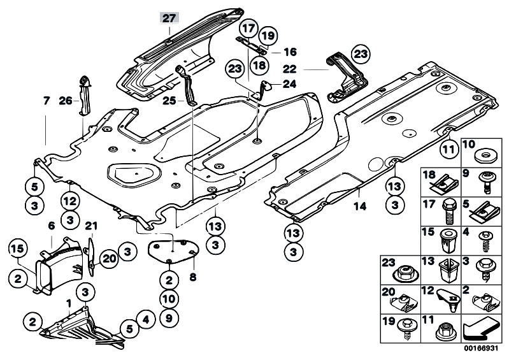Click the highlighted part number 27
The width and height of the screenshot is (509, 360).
point(169,18)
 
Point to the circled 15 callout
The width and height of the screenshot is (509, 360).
point(17,249)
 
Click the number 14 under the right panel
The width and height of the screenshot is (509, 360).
point(360,206)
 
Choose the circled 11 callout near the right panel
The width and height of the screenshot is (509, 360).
point(450,149)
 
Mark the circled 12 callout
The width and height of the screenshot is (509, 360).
point(70,201)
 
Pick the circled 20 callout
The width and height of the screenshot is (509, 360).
point(109,259)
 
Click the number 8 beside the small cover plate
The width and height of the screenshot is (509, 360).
point(193,278)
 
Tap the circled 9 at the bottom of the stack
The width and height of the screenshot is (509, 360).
point(169,318)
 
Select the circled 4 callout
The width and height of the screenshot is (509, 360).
point(146,320)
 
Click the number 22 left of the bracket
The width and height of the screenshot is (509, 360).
point(290,69)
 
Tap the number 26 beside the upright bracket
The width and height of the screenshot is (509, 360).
point(66,101)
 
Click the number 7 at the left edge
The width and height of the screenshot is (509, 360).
point(47,101)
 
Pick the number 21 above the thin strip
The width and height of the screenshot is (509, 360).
point(91,226)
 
